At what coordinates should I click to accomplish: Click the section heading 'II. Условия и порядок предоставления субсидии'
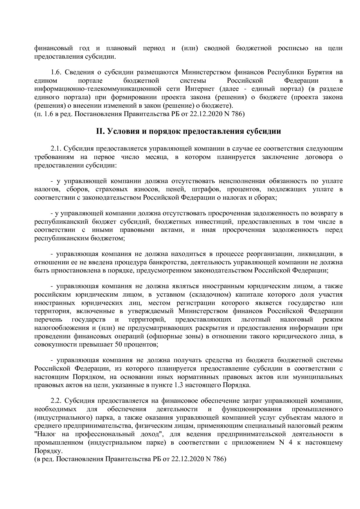pos(188,131)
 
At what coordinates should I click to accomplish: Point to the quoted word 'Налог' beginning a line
pos(45,434)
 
